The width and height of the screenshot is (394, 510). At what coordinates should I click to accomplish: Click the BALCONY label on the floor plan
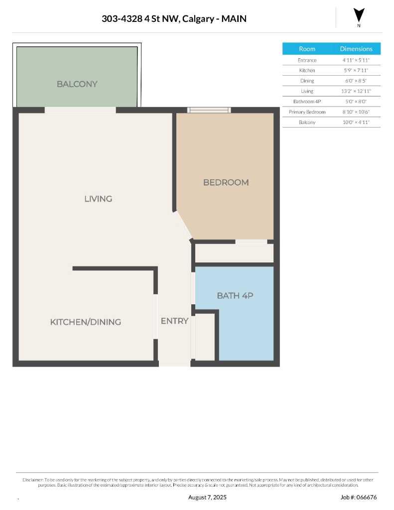coord(77,84)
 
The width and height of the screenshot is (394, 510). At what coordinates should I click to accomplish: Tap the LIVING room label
coord(98,199)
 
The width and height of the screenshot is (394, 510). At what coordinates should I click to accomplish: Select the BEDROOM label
coord(226,182)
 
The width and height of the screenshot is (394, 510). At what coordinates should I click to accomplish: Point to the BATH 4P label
coord(235,295)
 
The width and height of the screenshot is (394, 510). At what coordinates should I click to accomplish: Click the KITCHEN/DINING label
coord(86,322)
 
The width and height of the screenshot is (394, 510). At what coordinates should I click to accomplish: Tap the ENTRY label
coord(174,321)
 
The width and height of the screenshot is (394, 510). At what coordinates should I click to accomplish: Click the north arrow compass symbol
coord(359,16)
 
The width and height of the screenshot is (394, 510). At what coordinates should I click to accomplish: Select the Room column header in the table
coord(307,49)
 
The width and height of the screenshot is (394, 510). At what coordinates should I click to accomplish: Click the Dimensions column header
coord(356,49)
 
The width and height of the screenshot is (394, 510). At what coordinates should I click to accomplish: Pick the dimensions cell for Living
coord(356,91)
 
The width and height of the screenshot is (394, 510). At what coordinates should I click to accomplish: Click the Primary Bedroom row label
coord(307,112)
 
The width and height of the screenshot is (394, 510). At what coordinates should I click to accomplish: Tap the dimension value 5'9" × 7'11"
coord(356,71)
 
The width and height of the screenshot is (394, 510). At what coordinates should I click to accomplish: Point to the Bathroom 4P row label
coord(307,102)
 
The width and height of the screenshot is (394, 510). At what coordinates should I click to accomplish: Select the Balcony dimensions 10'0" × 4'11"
coord(356,123)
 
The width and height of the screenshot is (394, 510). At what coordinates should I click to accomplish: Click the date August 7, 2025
coord(207,497)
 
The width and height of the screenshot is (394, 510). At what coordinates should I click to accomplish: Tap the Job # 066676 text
coord(359,497)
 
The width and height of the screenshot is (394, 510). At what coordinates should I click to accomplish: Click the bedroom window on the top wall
coord(209,110)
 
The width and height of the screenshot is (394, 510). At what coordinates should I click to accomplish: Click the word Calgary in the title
coord(198,19)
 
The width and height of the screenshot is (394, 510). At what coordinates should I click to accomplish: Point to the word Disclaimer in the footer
coord(33,480)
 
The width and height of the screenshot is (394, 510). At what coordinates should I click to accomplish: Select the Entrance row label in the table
coord(307,60)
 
